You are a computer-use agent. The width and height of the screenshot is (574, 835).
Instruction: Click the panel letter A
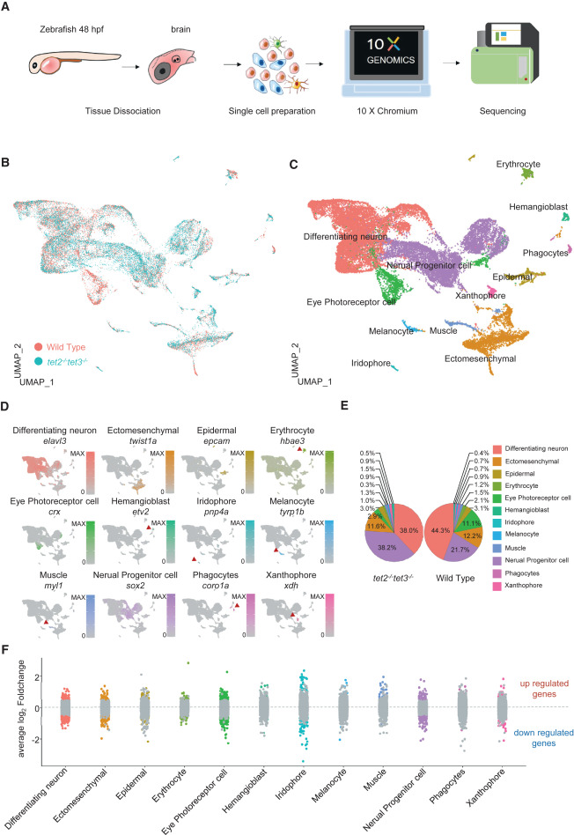(8, 8)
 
